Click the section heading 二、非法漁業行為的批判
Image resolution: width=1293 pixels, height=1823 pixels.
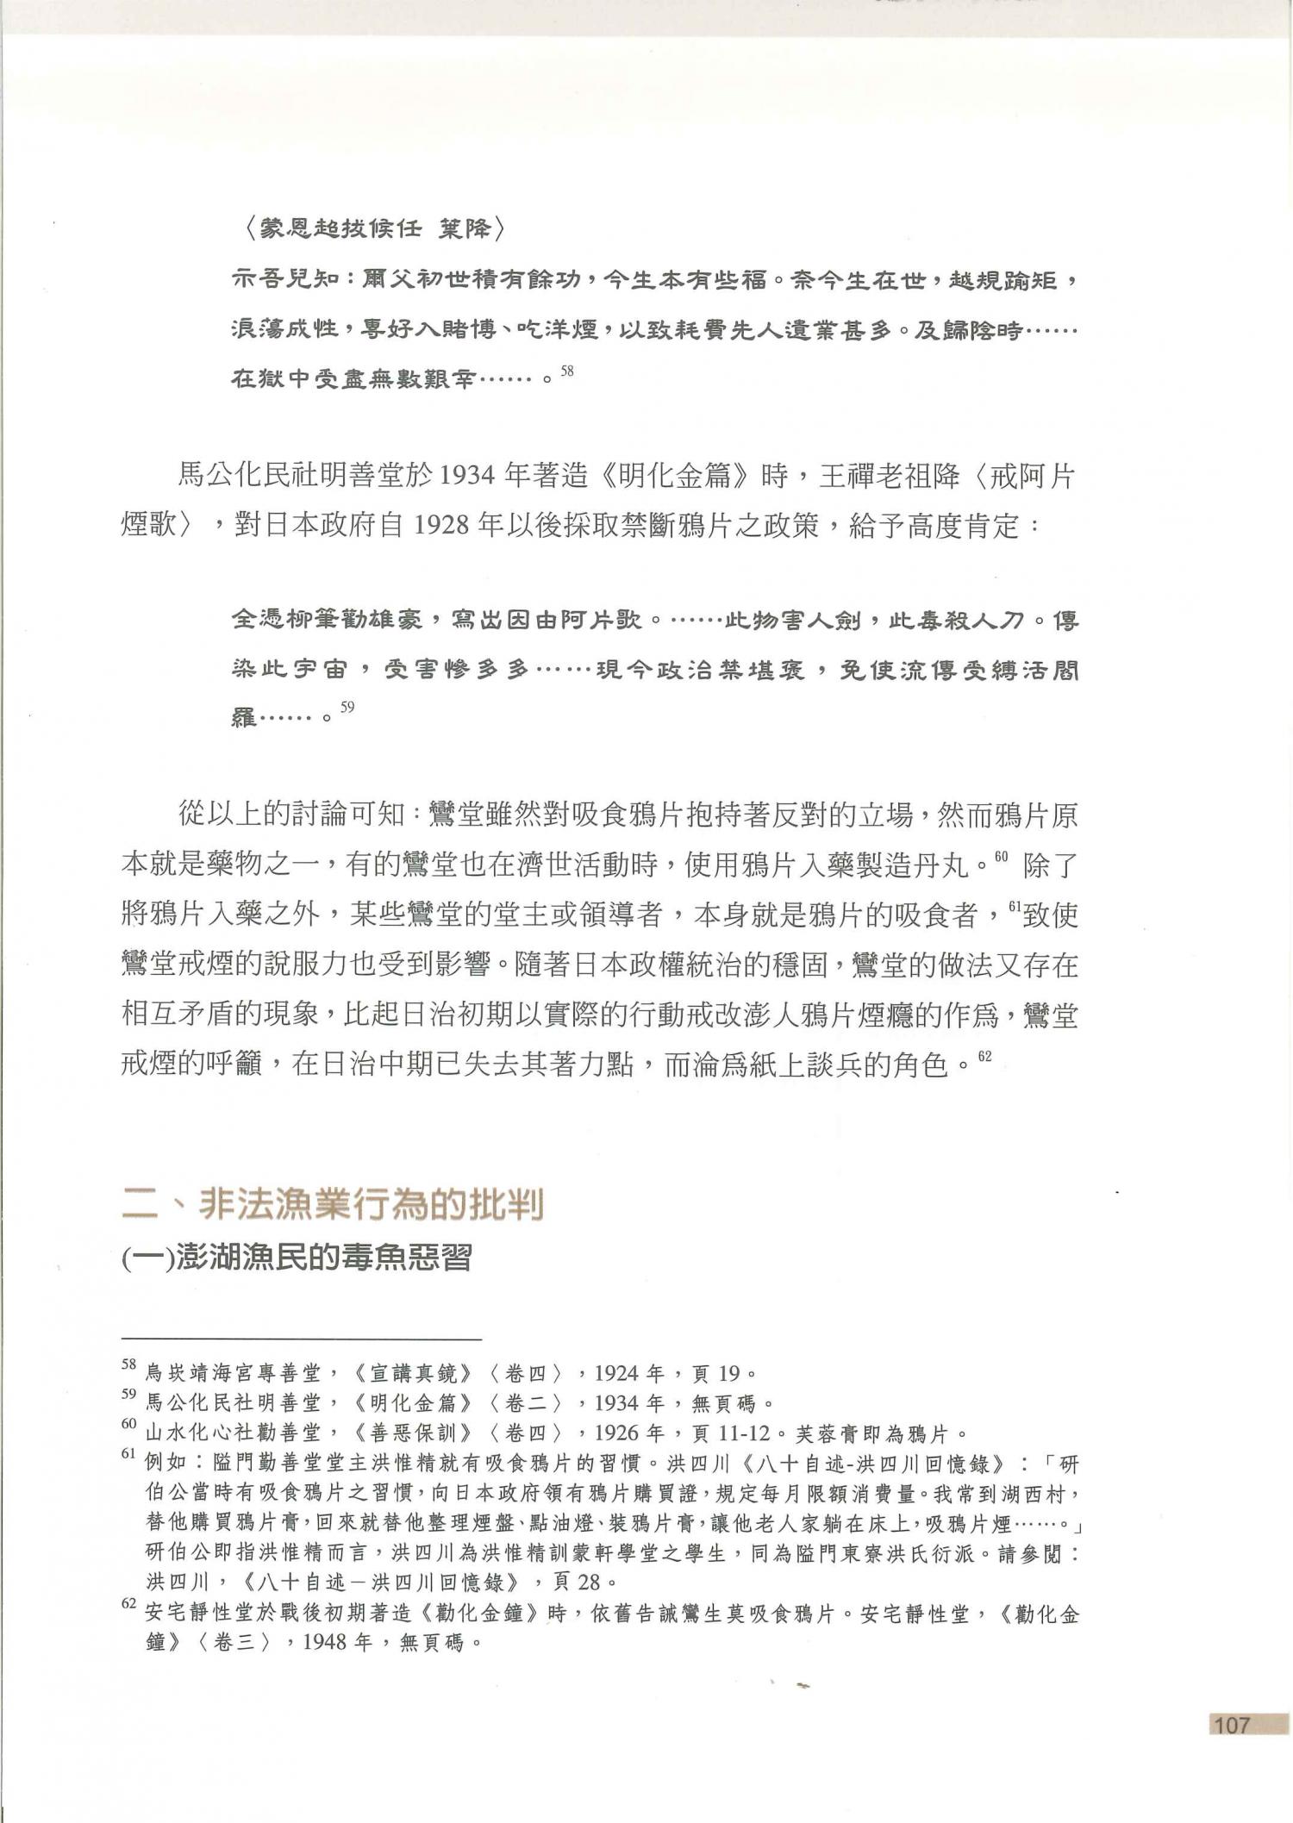333,1205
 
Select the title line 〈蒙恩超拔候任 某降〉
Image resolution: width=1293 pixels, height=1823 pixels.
369,230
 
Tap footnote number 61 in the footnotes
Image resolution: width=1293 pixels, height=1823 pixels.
129,1458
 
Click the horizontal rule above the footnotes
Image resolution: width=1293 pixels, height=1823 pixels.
301,1340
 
